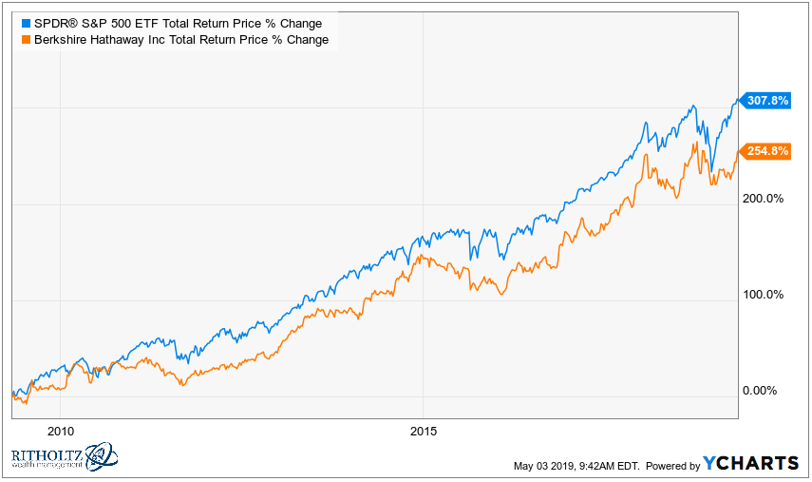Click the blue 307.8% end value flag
coord(765,100)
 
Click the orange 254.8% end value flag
coord(765,151)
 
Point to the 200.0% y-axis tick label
coord(763,199)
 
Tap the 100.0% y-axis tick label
coord(763,295)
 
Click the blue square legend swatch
coord(26,23)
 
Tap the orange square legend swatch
coord(26,40)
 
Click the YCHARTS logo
coord(750,463)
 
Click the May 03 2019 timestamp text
coord(576,465)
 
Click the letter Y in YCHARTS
coord(710,463)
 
